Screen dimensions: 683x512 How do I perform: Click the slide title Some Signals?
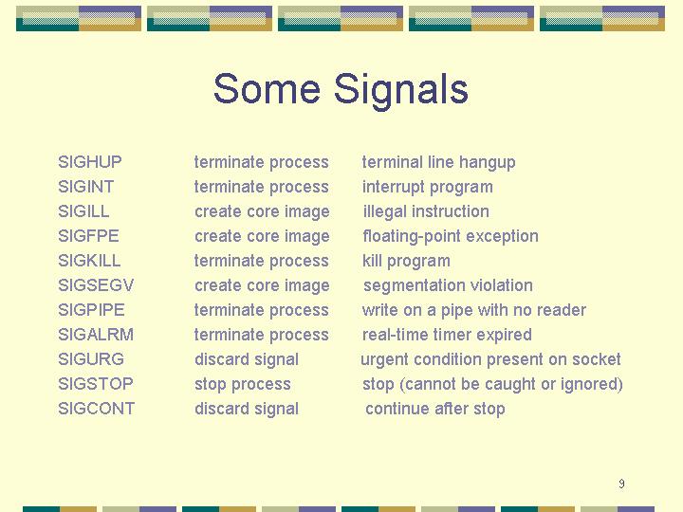point(341,90)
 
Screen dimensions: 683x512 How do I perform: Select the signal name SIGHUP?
point(90,162)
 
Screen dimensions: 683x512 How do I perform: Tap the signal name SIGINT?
point(85,187)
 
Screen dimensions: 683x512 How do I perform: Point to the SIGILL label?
point(83,211)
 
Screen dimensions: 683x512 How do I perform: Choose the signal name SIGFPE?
point(88,236)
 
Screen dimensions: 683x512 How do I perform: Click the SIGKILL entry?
point(89,261)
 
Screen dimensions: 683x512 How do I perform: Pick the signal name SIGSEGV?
point(96,285)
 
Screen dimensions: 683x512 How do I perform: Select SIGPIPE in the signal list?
point(91,310)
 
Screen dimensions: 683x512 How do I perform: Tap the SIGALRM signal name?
point(96,335)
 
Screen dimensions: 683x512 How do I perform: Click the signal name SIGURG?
point(91,359)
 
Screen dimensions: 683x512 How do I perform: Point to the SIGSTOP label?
point(96,384)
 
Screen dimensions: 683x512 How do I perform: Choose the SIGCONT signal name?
point(96,409)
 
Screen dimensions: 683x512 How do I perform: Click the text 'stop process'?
point(243,384)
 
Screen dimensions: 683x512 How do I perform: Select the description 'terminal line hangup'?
point(438,163)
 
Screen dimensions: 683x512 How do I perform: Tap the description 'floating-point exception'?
point(451,237)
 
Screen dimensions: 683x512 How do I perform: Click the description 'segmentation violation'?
point(448,286)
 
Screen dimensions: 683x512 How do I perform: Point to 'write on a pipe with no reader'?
point(474,310)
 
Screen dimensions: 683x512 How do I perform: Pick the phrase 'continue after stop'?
point(435,409)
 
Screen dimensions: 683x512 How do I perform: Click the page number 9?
point(621,484)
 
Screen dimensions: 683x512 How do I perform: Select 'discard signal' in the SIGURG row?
point(247,360)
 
